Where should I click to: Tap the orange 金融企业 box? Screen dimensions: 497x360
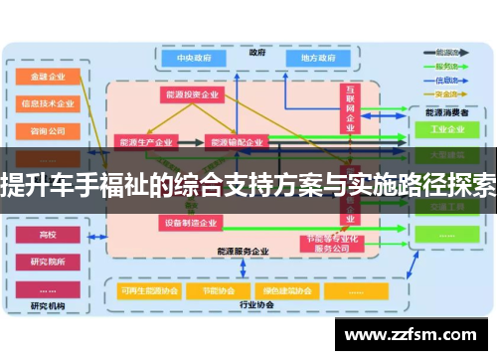click(x=48, y=76)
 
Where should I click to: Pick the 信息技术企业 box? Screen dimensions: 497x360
click(x=48, y=102)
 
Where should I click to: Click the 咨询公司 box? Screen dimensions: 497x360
click(x=48, y=129)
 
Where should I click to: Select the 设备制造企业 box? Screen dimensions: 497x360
click(x=192, y=223)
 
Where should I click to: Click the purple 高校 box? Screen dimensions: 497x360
click(x=48, y=236)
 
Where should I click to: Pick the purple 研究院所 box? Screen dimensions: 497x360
click(x=48, y=263)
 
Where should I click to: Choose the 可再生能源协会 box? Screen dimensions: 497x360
click(x=145, y=291)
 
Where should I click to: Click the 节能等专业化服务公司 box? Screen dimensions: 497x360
click(x=327, y=244)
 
